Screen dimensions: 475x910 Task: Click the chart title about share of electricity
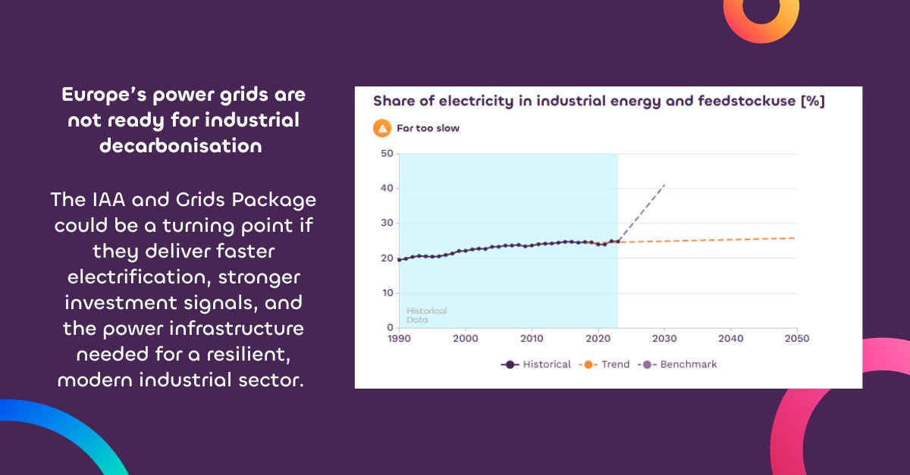pyautogui.click(x=598, y=102)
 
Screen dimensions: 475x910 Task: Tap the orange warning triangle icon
pyautogui.click(x=382, y=128)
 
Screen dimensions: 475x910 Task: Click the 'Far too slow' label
pyautogui.click(x=428, y=128)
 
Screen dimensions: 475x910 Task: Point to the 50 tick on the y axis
pyautogui.click(x=387, y=154)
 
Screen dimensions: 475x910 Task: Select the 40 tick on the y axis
pyautogui.click(x=387, y=189)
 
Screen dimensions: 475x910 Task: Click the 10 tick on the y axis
pyautogui.click(x=387, y=293)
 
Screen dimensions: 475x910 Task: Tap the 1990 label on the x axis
pyautogui.click(x=399, y=338)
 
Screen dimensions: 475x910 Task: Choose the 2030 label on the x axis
pyautogui.click(x=664, y=338)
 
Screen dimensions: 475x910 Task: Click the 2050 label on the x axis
pyautogui.click(x=795, y=338)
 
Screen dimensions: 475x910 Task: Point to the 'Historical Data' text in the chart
pyautogui.click(x=426, y=315)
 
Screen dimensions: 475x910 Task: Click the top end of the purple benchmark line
pyautogui.click(x=664, y=185)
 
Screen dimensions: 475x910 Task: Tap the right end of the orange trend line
pyautogui.click(x=795, y=238)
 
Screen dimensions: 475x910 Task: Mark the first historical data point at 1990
pyautogui.click(x=400, y=260)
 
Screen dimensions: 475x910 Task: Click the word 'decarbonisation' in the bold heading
pyautogui.click(x=181, y=145)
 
